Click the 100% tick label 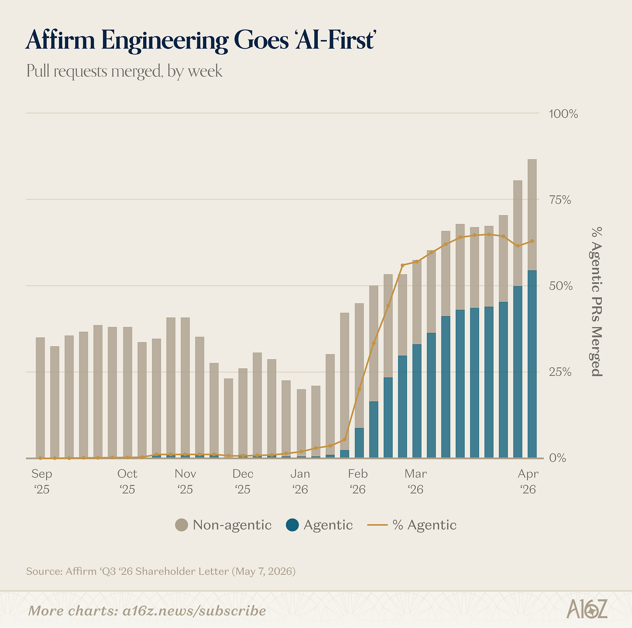[563, 114]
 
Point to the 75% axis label [560, 200]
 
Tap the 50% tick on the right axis [561, 286]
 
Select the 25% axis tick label [560, 372]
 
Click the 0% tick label [557, 458]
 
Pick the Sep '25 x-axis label [42, 481]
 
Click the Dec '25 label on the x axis [243, 481]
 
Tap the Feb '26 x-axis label [358, 481]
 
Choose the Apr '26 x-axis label [528, 481]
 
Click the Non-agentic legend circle [181, 525]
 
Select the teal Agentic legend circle [292, 525]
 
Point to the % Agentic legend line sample [377, 525]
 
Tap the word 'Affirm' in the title [60, 40]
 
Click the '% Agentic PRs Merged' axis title [596, 302]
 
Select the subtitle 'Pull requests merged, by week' [124, 71]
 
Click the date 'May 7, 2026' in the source [263, 572]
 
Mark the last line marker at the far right [532, 241]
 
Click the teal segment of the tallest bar [532, 364]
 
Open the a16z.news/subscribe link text [194, 611]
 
